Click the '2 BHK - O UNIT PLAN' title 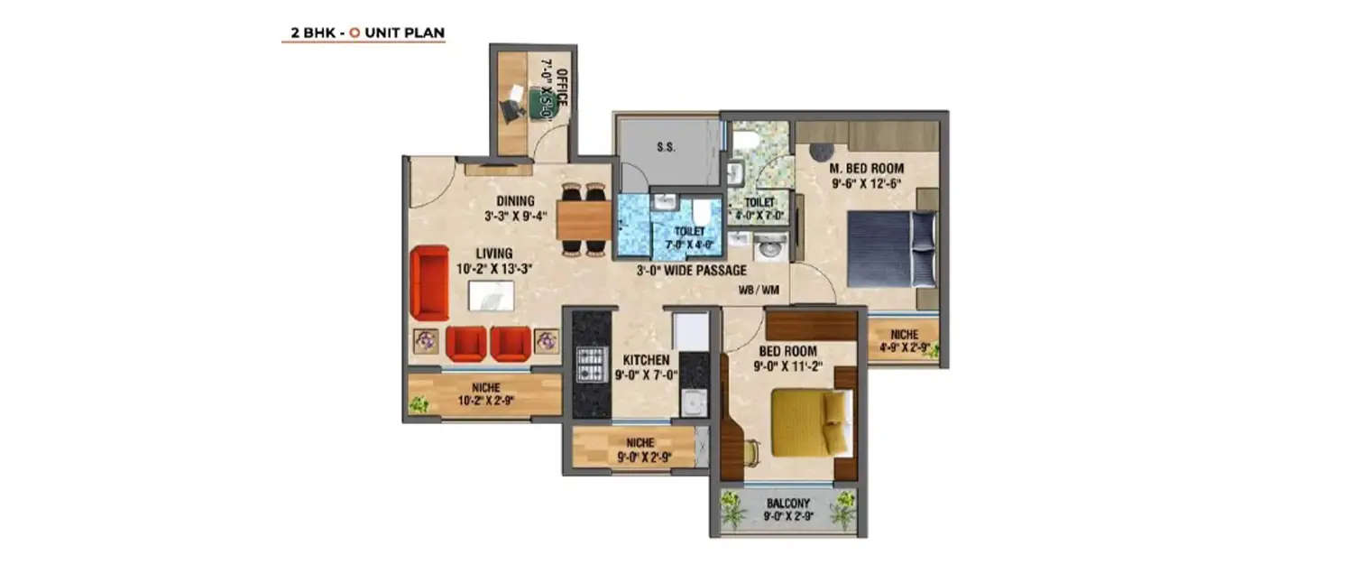coord(363,33)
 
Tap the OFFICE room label coord(561,88)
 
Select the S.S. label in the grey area coord(667,147)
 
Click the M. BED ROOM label coord(867,169)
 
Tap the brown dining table coord(584,219)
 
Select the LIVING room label coord(495,254)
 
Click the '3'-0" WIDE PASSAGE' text coord(692,271)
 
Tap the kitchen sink coord(692,402)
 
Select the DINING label coord(515,200)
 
